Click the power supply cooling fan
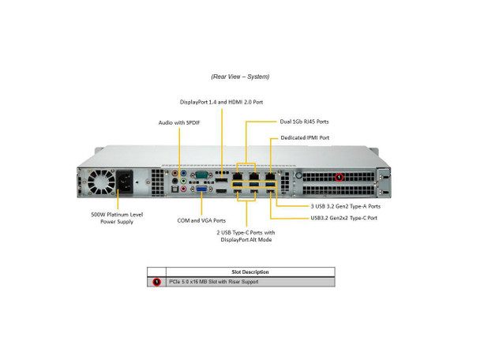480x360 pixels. [101, 182]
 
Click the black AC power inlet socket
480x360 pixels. [125, 182]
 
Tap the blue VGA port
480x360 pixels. [201, 189]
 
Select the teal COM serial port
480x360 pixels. [201, 175]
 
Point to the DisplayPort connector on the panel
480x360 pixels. [221, 180]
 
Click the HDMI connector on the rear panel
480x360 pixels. [221, 191]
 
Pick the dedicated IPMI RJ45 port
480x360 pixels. [270, 176]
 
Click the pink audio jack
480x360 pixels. [183, 189]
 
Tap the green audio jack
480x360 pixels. [183, 182]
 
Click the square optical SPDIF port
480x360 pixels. [174, 189]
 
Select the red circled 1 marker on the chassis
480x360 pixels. [339, 177]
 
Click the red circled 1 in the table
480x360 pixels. [157, 282]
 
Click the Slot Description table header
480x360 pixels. [250, 272]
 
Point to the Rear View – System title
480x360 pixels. [240, 77]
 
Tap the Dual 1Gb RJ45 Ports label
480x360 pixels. [304, 122]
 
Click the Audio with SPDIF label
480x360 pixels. [179, 122]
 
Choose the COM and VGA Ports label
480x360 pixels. [201, 220]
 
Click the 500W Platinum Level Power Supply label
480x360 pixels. [117, 218]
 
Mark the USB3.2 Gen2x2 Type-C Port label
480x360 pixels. [343, 218]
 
